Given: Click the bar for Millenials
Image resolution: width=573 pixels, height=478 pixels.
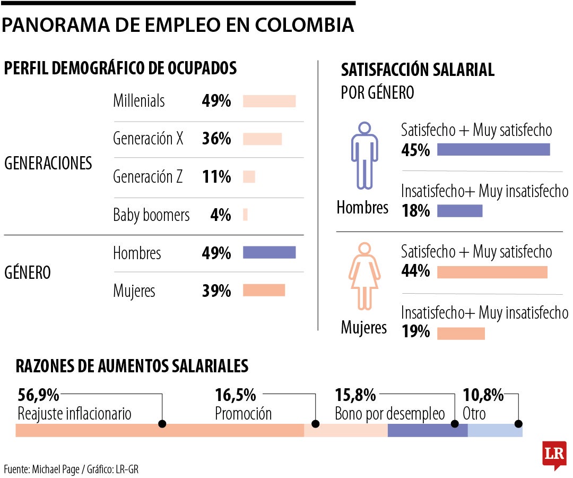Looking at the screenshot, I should point(269,101).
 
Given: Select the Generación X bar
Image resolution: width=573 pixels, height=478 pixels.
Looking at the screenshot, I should point(262,139).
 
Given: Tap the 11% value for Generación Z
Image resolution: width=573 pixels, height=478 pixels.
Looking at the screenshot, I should point(216,177).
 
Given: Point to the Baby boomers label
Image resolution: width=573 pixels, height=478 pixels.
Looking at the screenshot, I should point(151,215).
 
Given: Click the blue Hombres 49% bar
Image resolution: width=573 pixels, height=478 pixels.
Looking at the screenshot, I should point(269,252).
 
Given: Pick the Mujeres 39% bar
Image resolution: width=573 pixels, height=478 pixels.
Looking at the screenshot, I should point(264,290).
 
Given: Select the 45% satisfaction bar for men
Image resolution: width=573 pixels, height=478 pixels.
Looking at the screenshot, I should point(493,150).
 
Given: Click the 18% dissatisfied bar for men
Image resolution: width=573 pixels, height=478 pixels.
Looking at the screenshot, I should point(459,211).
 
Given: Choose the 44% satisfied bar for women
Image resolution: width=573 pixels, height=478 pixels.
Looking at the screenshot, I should point(492,272).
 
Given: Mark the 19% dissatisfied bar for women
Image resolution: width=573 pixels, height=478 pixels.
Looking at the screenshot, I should point(461,333).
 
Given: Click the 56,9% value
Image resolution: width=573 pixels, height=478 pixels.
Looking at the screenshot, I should point(38,395).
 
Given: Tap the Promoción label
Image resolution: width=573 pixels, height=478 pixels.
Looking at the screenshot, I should point(243,414).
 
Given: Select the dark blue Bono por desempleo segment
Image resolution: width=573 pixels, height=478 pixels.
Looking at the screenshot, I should point(427,431).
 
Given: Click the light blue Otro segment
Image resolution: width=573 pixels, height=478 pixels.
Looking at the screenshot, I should point(494,431).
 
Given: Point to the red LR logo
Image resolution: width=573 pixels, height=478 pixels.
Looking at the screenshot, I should point(554,454).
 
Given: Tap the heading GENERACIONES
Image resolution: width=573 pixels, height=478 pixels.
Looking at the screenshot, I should point(48,164).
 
